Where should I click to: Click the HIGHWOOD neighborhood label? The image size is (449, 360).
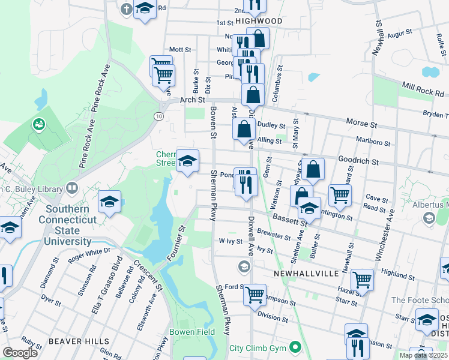[x=258, y=20]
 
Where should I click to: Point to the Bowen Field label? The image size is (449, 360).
[x=193, y=331]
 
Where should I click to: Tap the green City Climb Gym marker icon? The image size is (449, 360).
[x=295, y=347]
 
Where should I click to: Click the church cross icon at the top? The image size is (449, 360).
[x=126, y=9]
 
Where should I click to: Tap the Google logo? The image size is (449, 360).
[x=20, y=352]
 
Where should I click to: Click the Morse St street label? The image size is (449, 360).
[x=361, y=122]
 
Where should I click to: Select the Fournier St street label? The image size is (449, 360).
[x=175, y=244]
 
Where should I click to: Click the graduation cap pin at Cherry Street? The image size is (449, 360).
[x=188, y=160]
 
